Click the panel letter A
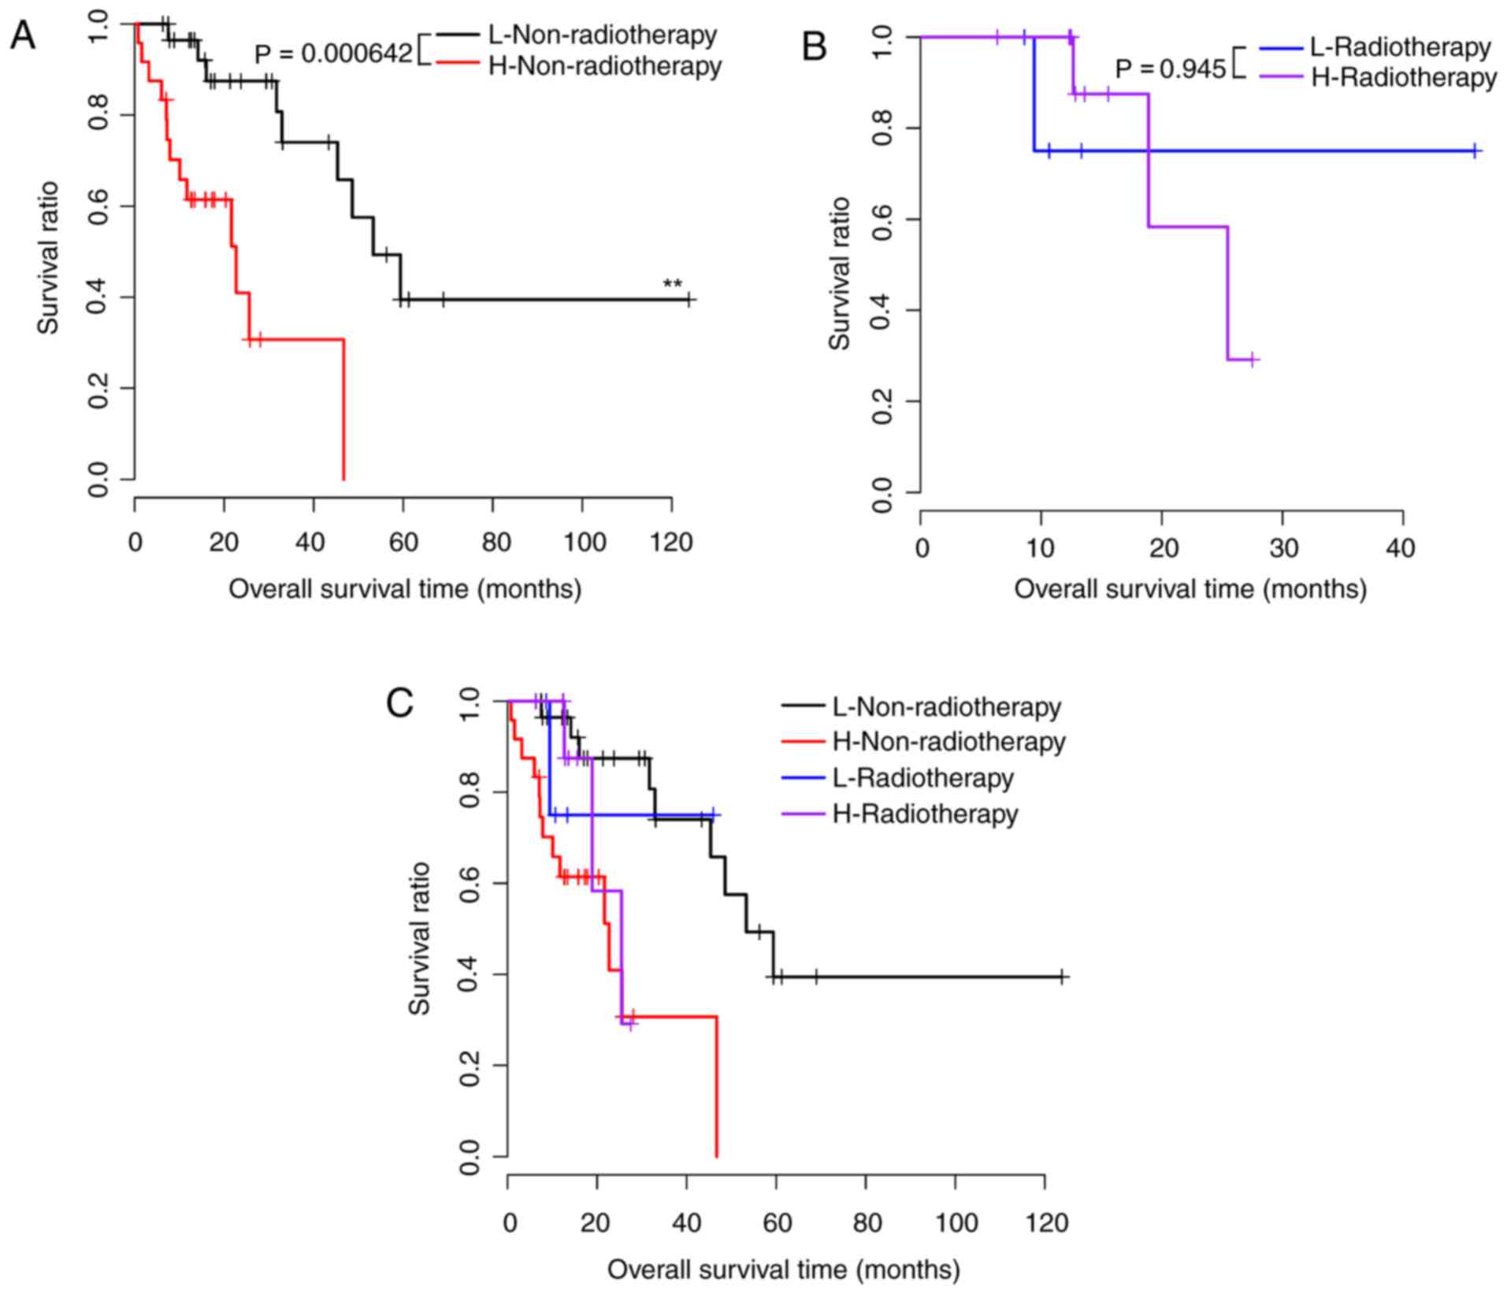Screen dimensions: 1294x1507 pos(22,36)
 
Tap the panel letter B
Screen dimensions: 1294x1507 pos(814,47)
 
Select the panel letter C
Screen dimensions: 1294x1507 pos(399,703)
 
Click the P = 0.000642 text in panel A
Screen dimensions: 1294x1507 pos(333,54)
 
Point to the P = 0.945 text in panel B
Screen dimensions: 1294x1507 pos(1170,69)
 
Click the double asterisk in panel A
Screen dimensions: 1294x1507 pos(672,285)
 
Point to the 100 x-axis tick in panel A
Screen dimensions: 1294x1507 pos(582,542)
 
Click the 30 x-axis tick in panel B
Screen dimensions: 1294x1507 pos(1282,548)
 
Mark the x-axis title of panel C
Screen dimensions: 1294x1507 pos(784,1270)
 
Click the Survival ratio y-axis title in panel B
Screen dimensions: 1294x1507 pos(841,273)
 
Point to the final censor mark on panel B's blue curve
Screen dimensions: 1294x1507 pos(1474,150)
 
